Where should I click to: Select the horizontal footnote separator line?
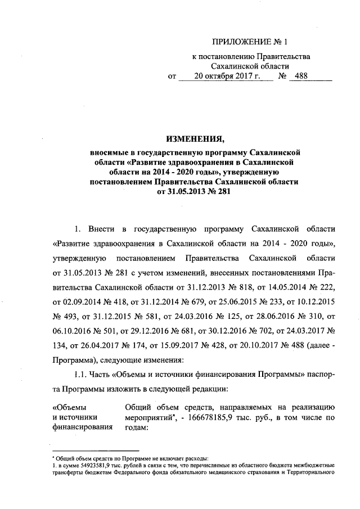click(95, 451)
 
